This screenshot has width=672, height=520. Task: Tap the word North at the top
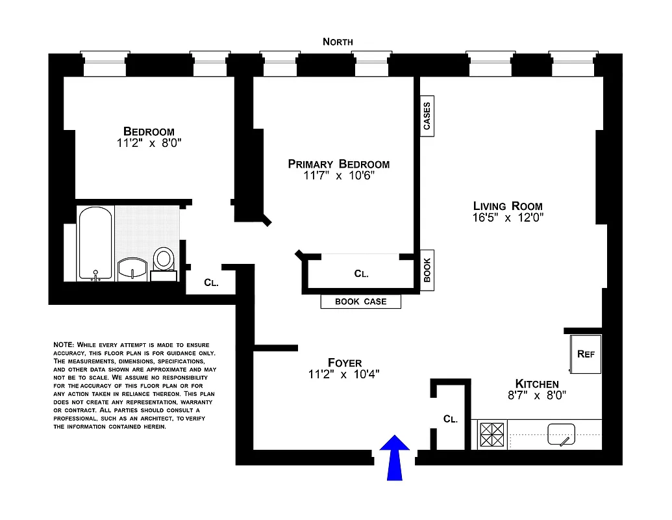point(338,42)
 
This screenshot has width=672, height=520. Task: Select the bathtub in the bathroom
point(95,243)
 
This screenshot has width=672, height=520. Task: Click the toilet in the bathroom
point(164,261)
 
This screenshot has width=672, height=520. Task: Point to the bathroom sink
point(133,268)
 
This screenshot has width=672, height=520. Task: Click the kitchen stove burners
point(492,434)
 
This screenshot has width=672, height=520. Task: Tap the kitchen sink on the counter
point(561,434)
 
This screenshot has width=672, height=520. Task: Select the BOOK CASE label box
point(360,302)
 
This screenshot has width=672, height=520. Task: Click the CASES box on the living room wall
point(427,116)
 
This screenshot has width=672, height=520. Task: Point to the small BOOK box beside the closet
point(427,270)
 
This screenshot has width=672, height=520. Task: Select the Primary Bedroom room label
point(338,164)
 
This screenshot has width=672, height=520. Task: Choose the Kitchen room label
point(536,383)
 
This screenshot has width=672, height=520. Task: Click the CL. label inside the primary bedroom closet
point(361,274)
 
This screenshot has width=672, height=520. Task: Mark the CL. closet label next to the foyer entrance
point(451,419)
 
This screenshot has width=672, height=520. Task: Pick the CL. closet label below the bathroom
point(210,283)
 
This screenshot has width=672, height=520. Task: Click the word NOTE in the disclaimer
point(63,344)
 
